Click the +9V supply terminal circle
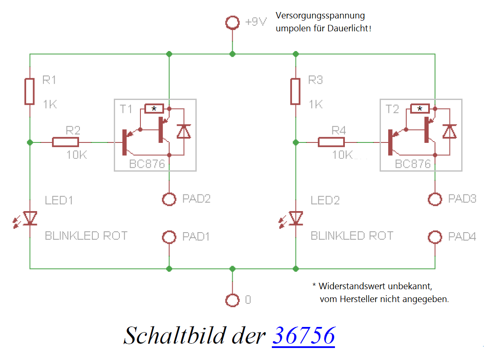(232, 23)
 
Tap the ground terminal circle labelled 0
(232, 300)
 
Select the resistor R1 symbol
(30, 91)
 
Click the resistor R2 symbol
(65, 142)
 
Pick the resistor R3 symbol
(295, 91)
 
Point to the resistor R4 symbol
(331, 142)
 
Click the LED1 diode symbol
(30, 218)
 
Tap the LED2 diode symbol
(295, 218)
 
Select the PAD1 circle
(169, 237)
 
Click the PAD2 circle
(169, 199)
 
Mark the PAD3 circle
(435, 199)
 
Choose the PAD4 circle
(435, 237)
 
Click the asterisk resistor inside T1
(154, 109)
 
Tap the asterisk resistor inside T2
(420, 109)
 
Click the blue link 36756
(303, 335)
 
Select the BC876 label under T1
(147, 164)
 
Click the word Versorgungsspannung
(320, 16)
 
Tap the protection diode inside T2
(450, 131)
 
